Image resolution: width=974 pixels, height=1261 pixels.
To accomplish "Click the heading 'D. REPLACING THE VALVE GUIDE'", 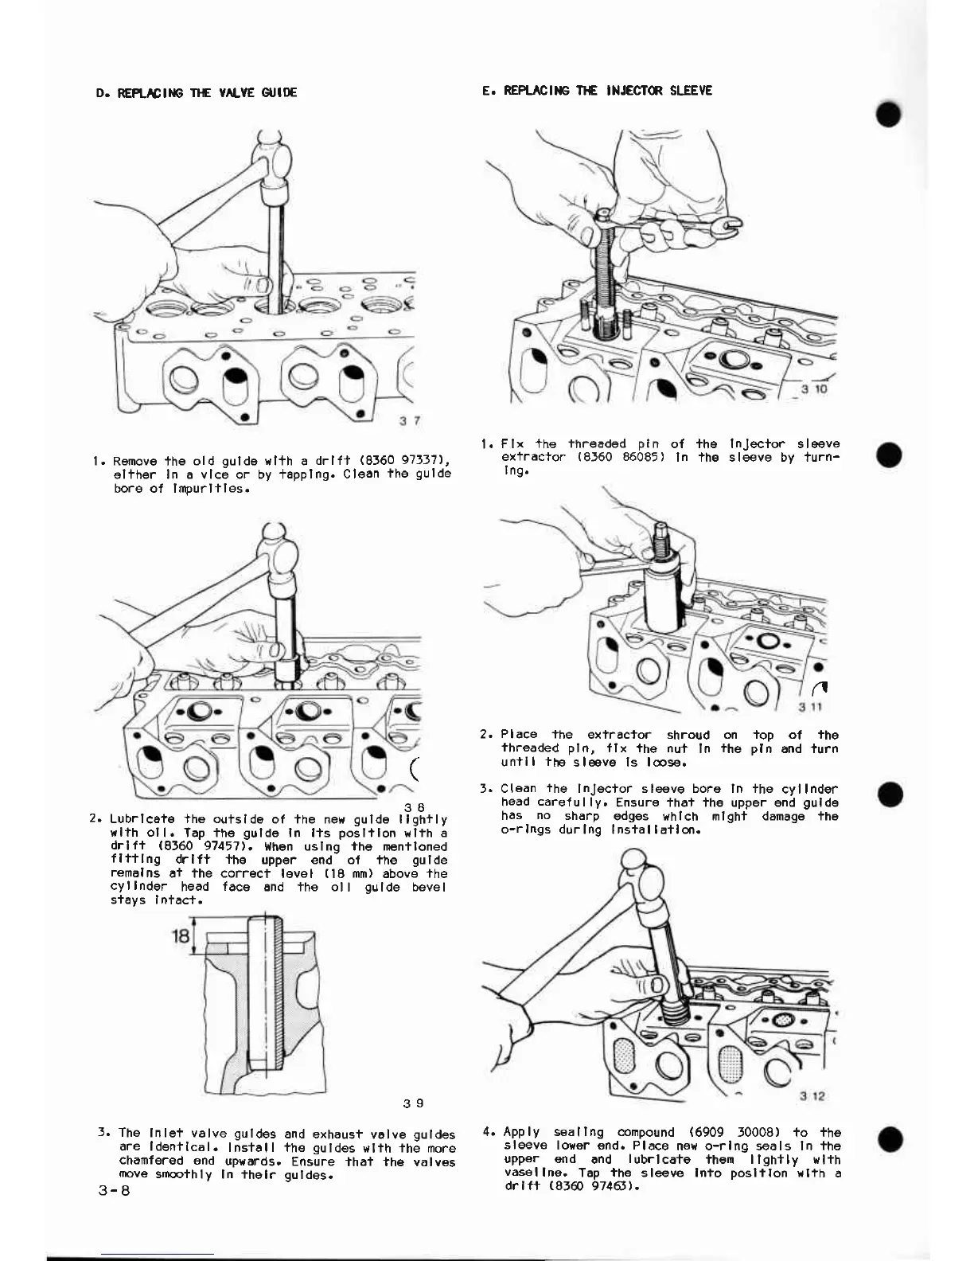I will click(196, 92).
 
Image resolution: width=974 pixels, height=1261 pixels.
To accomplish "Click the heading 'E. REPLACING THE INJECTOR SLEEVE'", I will click(597, 91).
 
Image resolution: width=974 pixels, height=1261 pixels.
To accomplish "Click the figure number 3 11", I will click(810, 707).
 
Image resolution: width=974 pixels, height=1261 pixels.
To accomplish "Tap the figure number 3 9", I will click(413, 1103).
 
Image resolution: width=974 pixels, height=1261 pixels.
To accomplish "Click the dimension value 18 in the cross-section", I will click(181, 936).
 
